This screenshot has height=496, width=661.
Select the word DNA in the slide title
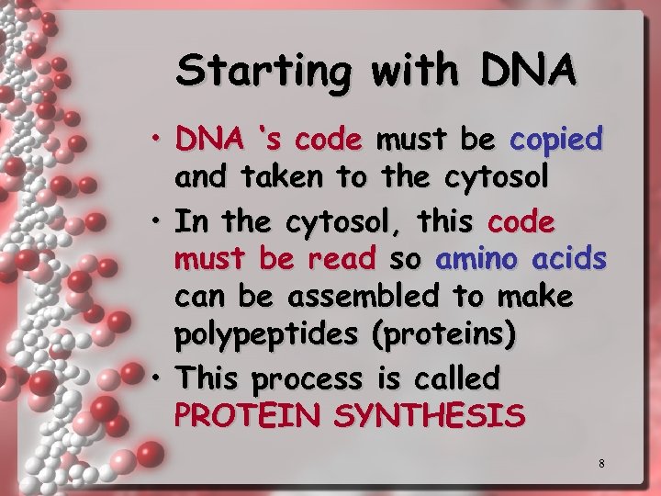pyautogui.click(x=526, y=70)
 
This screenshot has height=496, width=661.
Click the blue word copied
pyautogui.click(x=556, y=140)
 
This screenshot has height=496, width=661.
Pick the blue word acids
pyautogui.click(x=568, y=259)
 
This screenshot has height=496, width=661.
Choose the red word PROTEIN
pyautogui.click(x=249, y=416)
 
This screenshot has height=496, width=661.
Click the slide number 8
pyautogui.click(x=601, y=464)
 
